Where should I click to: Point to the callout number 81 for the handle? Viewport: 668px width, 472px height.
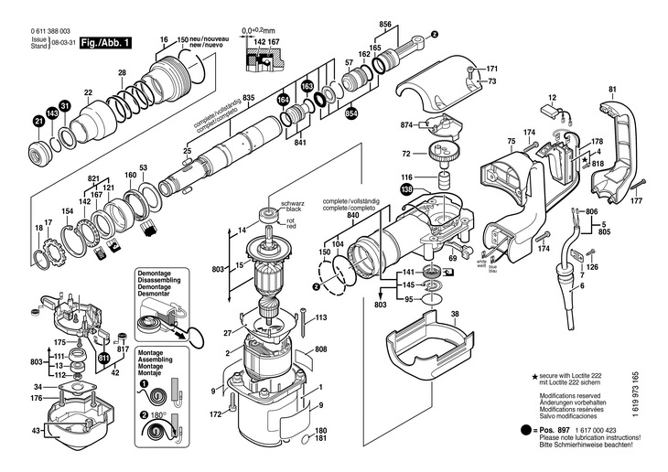(612, 90)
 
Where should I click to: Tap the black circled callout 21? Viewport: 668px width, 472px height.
(39, 122)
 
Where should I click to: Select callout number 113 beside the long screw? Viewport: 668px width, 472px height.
(321, 318)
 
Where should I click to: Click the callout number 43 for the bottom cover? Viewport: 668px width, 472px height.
(36, 430)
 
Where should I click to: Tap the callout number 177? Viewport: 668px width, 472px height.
(637, 200)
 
